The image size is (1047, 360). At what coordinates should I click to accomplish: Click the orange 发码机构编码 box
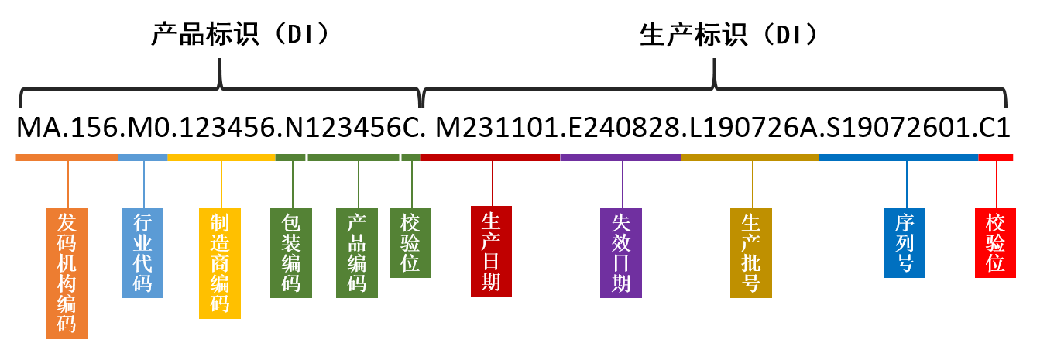click(67, 273)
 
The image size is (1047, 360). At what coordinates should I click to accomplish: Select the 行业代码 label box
click(142, 252)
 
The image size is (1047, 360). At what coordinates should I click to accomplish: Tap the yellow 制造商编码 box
click(220, 263)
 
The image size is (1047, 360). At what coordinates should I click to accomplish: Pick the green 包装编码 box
click(291, 252)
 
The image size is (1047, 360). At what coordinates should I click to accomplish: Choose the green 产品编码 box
click(357, 252)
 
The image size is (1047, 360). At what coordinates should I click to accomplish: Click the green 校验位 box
click(410, 242)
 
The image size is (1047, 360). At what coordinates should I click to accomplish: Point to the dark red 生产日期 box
click(491, 251)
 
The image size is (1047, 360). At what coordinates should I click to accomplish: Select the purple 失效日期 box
click(621, 252)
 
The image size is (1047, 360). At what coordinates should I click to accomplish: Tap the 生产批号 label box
click(750, 252)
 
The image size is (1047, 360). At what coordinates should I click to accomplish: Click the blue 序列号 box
click(905, 242)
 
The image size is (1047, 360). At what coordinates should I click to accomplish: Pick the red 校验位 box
click(995, 242)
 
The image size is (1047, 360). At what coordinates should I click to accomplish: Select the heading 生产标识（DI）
click(729, 35)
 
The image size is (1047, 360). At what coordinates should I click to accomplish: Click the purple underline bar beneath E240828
click(620, 158)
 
